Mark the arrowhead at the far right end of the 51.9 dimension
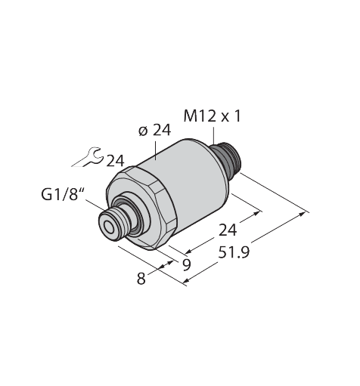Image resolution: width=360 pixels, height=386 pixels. [x=306, y=213]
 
